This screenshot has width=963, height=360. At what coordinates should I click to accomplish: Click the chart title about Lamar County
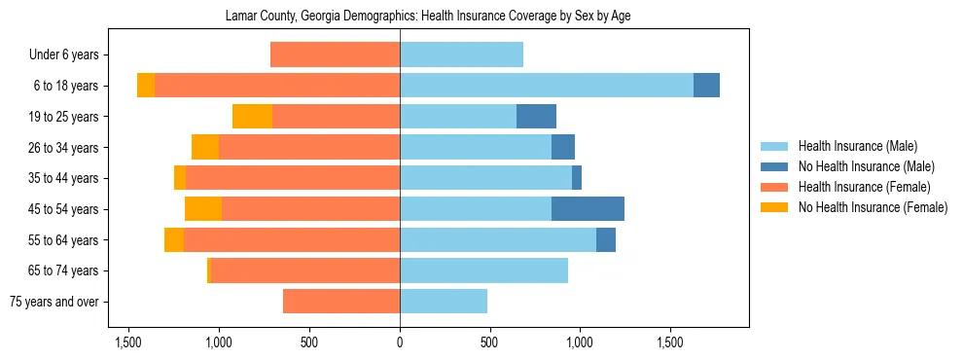tap(428, 17)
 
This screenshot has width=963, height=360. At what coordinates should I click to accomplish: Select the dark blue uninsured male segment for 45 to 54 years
tap(588, 209)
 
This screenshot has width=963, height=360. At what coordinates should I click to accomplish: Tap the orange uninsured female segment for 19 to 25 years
tap(252, 117)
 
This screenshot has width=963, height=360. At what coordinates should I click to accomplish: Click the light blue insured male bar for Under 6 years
tap(461, 55)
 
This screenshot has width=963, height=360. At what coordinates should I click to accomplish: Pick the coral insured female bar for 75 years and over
tap(341, 302)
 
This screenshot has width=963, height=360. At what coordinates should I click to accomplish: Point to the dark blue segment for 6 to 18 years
tap(706, 86)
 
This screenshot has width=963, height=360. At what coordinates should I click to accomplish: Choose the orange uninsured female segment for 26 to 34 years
tap(205, 148)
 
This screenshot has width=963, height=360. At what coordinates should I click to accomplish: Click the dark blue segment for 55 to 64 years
tap(606, 240)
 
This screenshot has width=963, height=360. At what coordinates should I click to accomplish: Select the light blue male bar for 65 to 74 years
tap(483, 270)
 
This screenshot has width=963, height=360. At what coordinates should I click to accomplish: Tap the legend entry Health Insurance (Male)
tap(857, 146)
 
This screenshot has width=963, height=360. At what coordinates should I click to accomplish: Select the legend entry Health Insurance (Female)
tap(863, 187)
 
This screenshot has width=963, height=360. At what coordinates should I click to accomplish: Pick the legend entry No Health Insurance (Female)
tap(872, 207)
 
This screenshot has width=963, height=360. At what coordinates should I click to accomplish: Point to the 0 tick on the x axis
tap(400, 343)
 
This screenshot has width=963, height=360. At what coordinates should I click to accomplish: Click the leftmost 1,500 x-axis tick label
tap(128, 343)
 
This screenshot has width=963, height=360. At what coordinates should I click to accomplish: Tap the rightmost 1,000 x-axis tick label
tap(580, 343)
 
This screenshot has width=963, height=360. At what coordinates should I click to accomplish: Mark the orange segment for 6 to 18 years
tap(146, 86)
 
